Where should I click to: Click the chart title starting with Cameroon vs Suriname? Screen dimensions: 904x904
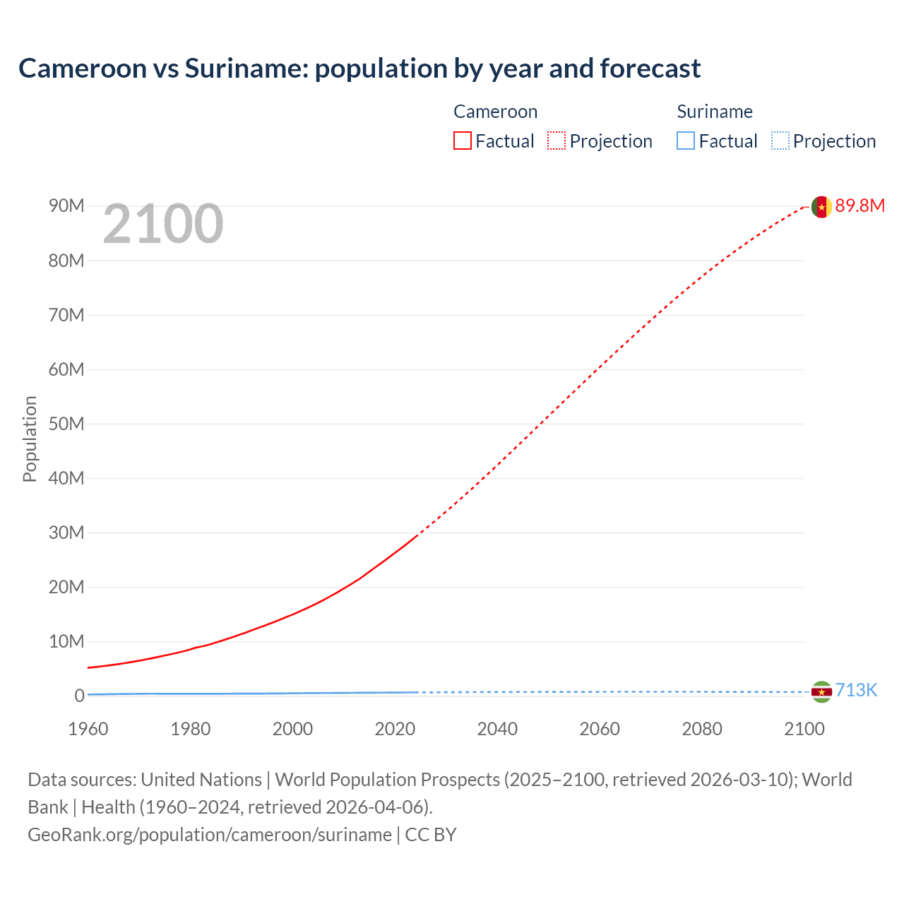pyautogui.click(x=359, y=69)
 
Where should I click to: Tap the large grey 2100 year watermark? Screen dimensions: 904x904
pyautogui.click(x=163, y=224)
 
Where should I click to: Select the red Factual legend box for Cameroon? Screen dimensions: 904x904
pyautogui.click(x=463, y=141)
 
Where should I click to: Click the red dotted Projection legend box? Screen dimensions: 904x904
pyautogui.click(x=557, y=141)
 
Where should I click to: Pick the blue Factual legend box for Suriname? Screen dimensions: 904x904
pyautogui.click(x=686, y=141)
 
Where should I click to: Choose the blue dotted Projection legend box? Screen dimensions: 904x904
pyautogui.click(x=780, y=141)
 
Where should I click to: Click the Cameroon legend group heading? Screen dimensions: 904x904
pyautogui.click(x=495, y=112)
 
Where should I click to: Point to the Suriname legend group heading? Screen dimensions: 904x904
pyautogui.click(x=715, y=112)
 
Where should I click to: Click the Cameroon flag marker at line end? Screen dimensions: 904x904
pyautogui.click(x=821, y=206)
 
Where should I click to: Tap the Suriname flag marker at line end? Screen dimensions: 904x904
pyautogui.click(x=821, y=691)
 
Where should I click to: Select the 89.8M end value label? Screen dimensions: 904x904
pyautogui.click(x=860, y=206)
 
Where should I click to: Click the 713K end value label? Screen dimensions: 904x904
pyautogui.click(x=856, y=690)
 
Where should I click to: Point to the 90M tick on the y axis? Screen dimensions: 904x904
pyautogui.click(x=66, y=206)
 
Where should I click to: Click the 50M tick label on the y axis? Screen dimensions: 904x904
pyautogui.click(x=66, y=424)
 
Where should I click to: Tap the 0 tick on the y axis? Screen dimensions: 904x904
pyautogui.click(x=79, y=696)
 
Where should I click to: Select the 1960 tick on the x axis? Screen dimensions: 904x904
pyautogui.click(x=88, y=729)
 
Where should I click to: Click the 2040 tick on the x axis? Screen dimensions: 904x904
pyautogui.click(x=497, y=729)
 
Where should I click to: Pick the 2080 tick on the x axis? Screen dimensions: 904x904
pyautogui.click(x=702, y=729)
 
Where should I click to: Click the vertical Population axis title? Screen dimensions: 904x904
pyautogui.click(x=30, y=439)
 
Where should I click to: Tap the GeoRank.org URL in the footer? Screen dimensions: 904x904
pyautogui.click(x=209, y=835)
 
